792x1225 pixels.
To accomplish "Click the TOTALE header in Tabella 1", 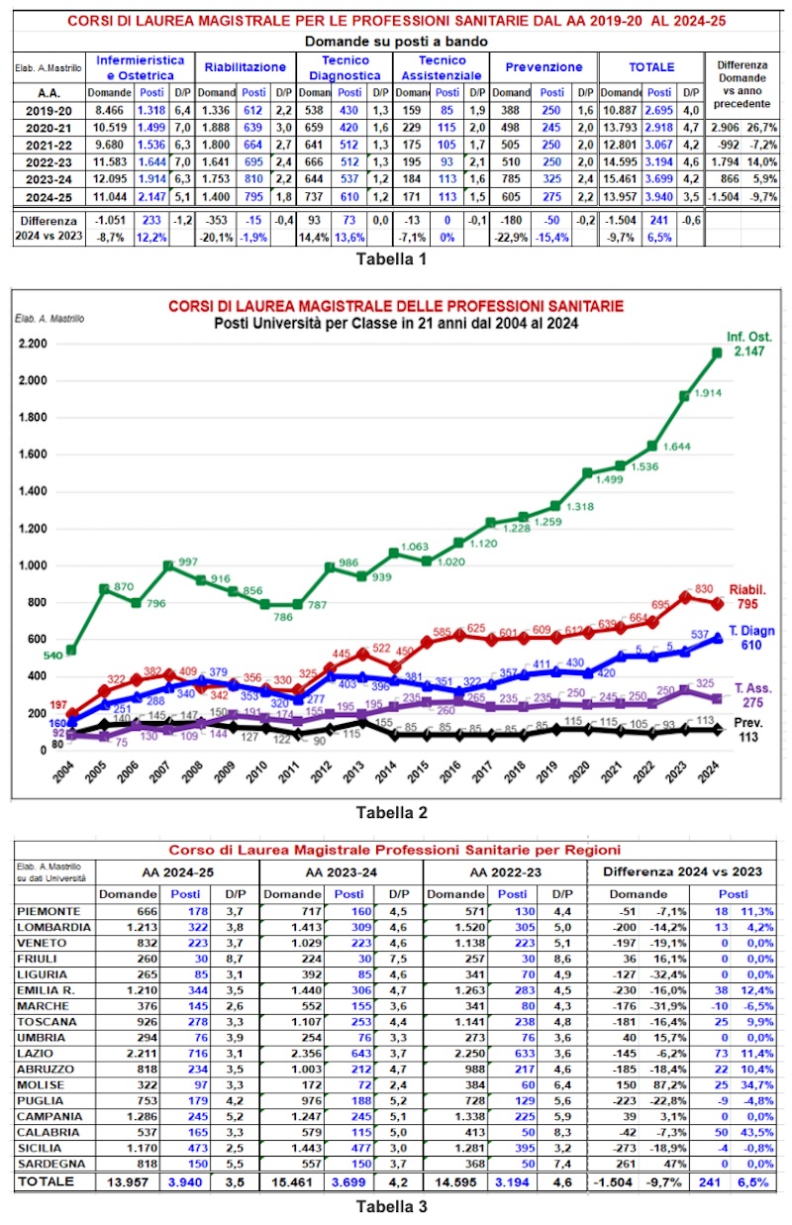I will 651,66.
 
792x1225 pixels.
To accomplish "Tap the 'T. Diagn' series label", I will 753,631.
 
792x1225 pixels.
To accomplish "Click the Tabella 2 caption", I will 392,812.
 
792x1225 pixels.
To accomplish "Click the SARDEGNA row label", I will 52,1163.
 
